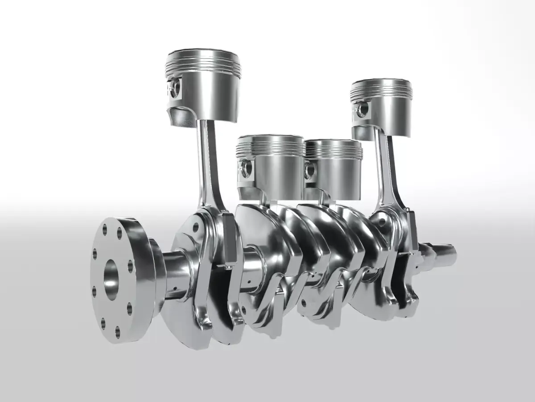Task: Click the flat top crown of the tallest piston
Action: pyautogui.click(x=203, y=55)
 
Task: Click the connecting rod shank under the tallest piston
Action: pyautogui.click(x=210, y=161)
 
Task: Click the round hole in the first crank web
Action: pyautogui.click(x=195, y=227)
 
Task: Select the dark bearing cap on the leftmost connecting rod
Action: pyautogui.click(x=230, y=237)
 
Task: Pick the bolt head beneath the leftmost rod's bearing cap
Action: pyautogui.click(x=229, y=267)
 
